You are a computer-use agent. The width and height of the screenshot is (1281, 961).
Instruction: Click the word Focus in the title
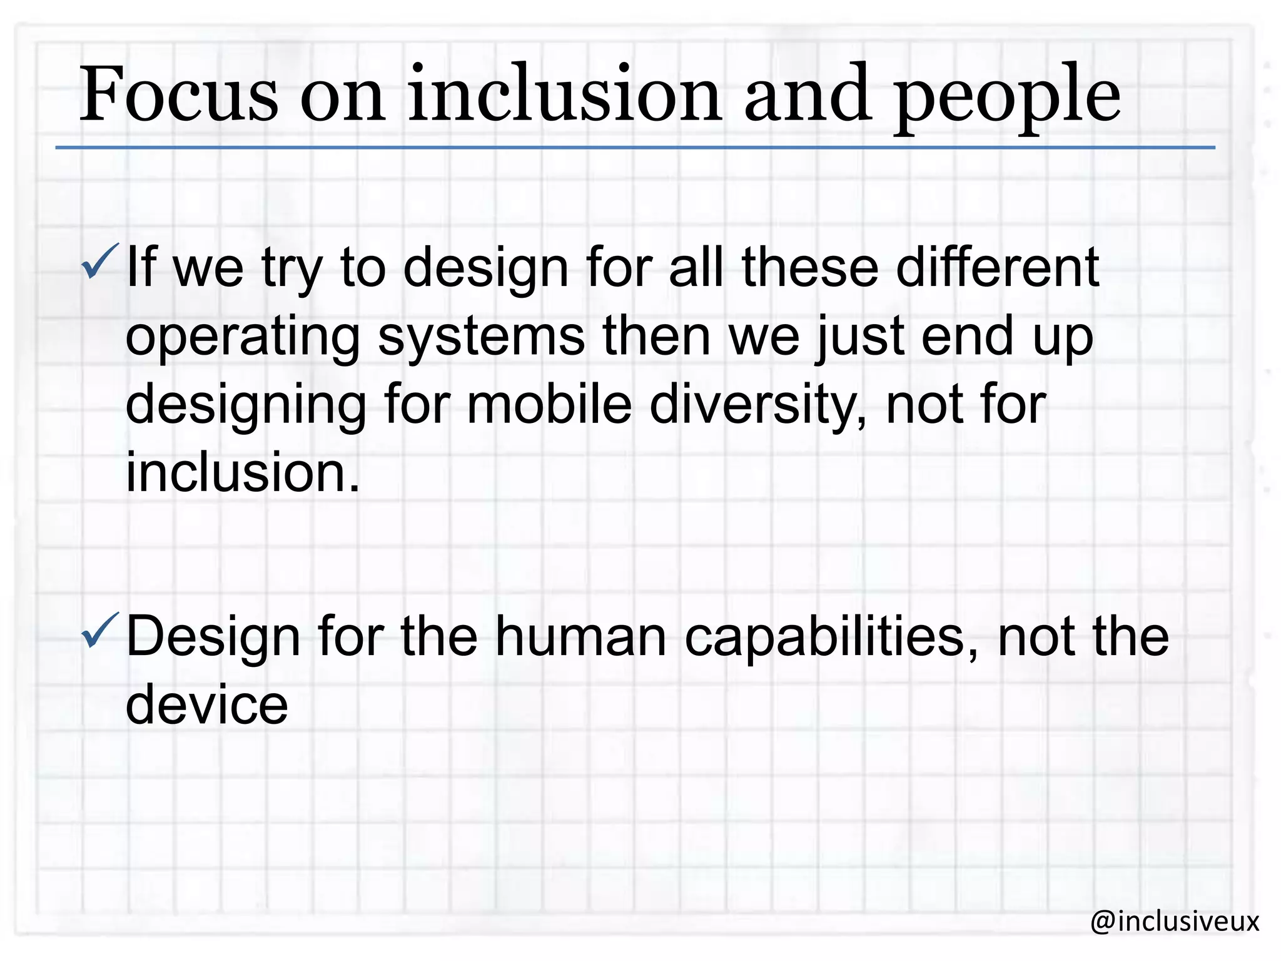(x=178, y=95)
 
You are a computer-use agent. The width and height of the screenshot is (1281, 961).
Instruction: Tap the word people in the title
(x=1007, y=97)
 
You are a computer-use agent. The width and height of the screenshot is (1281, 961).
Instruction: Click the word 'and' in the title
(x=808, y=95)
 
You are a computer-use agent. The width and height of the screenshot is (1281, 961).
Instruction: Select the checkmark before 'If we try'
(x=99, y=262)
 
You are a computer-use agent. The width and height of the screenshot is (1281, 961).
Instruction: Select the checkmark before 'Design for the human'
(x=99, y=631)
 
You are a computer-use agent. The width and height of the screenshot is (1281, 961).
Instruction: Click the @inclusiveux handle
(x=1174, y=921)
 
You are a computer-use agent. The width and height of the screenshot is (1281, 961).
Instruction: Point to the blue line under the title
(x=634, y=148)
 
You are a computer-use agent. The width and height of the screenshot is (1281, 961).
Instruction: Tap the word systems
(x=481, y=337)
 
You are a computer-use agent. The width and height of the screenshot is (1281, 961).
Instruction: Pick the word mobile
(x=549, y=404)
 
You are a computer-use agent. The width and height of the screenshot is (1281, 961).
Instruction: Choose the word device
(x=206, y=704)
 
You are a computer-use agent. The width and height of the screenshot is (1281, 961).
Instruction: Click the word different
(x=997, y=267)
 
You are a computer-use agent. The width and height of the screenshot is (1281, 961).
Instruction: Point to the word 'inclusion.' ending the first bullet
(x=243, y=472)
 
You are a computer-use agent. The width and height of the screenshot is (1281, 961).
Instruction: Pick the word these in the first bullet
(x=810, y=267)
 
